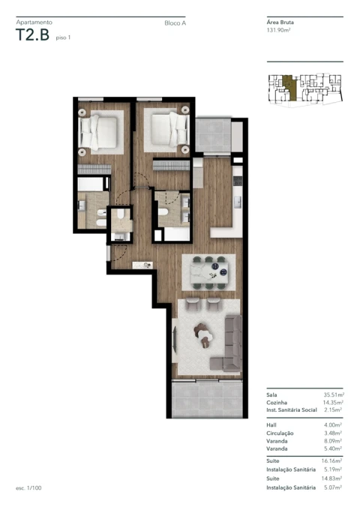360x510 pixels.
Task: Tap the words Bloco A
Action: coord(175,24)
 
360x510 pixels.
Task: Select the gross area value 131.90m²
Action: coord(279,31)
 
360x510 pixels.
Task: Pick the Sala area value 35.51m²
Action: coord(332,394)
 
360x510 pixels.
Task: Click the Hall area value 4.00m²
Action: coord(334,425)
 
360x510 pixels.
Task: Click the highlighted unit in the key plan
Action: coord(289,88)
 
